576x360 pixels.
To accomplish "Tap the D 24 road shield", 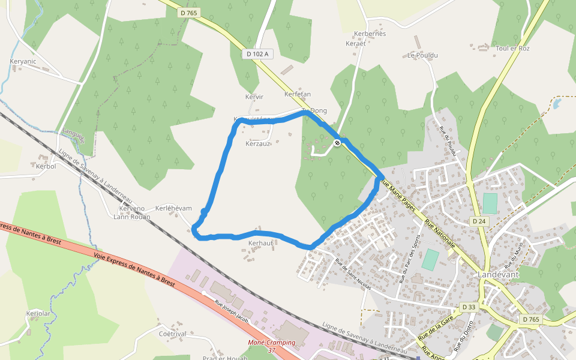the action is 478,221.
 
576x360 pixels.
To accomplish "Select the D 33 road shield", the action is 469,307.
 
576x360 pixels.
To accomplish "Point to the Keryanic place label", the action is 23,61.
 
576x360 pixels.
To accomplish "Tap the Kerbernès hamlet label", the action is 370,34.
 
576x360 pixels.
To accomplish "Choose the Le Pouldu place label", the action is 422,55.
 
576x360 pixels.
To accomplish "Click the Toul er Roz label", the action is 513,48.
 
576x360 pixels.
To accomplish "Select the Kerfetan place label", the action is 297,94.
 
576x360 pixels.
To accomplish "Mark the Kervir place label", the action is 254,97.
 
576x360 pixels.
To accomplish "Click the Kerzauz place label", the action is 258,144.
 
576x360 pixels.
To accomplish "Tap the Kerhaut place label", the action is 260,243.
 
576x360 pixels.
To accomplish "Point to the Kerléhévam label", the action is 173,208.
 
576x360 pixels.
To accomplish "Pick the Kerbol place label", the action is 46,166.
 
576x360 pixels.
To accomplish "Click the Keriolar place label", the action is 37,313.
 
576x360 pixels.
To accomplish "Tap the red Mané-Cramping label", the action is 272,343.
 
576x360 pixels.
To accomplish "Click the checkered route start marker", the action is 338,143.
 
